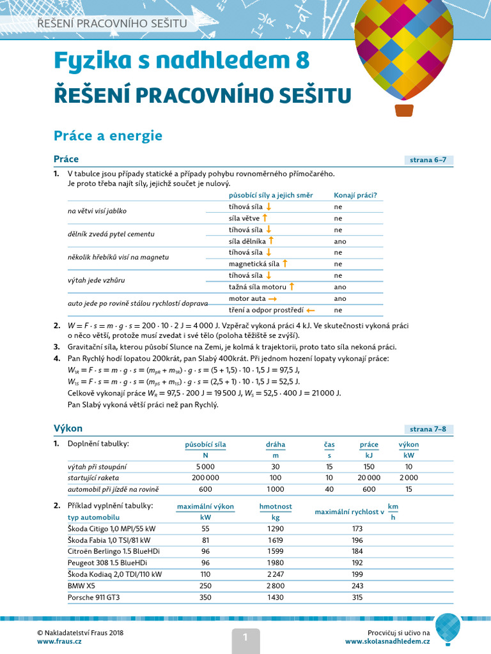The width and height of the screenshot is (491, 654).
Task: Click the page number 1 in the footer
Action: pyautogui.click(x=244, y=636)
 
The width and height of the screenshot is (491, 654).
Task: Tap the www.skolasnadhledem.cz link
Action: pyautogui.click(x=387, y=641)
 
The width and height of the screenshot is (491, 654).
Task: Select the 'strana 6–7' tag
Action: pyautogui.click(x=428, y=160)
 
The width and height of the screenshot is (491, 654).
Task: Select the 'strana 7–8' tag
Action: pyautogui.click(x=428, y=429)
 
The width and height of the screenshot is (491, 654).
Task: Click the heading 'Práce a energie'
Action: pyautogui.click(x=108, y=135)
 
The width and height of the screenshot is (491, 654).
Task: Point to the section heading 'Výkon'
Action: pyautogui.click(x=68, y=428)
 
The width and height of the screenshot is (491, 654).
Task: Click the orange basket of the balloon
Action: pyautogui.click(x=404, y=110)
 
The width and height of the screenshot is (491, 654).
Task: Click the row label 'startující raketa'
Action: pyautogui.click(x=93, y=478)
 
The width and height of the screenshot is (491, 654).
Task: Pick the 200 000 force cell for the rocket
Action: pyautogui.click(x=205, y=478)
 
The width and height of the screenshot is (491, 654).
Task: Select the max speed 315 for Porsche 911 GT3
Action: pyautogui.click(x=357, y=597)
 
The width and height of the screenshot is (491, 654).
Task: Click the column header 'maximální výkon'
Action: pyautogui.click(x=205, y=506)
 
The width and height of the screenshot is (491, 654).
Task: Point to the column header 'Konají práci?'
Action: pyautogui.click(x=355, y=195)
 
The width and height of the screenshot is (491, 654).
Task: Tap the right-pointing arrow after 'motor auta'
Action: pyautogui.click(x=272, y=298)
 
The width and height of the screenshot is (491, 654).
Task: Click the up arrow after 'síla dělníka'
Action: pyautogui.click(x=271, y=241)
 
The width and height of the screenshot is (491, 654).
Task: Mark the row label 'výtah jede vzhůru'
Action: pyautogui.click(x=97, y=280)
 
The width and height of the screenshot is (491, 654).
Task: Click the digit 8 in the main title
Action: pyautogui.click(x=302, y=60)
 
